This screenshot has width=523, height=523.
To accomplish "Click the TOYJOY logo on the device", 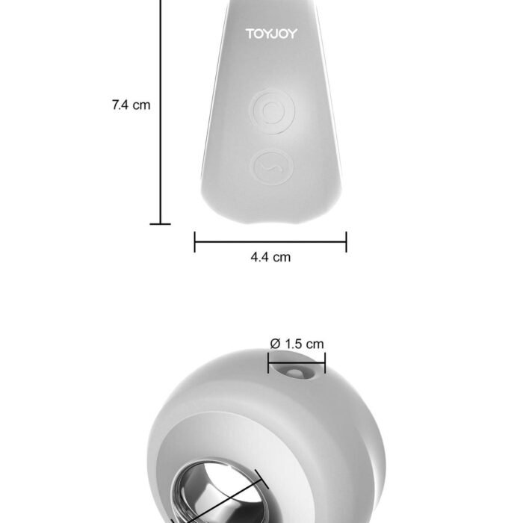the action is pyautogui.click(x=271, y=34).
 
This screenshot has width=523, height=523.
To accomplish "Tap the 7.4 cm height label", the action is pyautogui.click(x=131, y=105).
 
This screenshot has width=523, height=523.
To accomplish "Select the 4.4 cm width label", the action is pyautogui.click(x=270, y=257).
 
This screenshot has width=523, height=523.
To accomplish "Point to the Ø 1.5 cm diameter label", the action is pyautogui.click(x=297, y=344).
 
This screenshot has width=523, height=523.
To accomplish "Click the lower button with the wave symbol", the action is pyautogui.click(x=272, y=168).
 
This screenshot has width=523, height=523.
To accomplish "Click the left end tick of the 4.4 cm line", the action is pyautogui.click(x=195, y=242).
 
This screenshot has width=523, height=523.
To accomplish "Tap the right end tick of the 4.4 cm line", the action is pyautogui.click(x=346, y=242).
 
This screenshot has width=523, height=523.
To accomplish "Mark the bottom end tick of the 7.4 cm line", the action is pyautogui.click(x=160, y=224).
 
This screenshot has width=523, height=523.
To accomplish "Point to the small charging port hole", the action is pyautogui.click(x=294, y=373).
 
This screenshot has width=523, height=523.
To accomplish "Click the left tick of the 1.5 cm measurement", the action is pyautogui.click(x=268, y=363).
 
